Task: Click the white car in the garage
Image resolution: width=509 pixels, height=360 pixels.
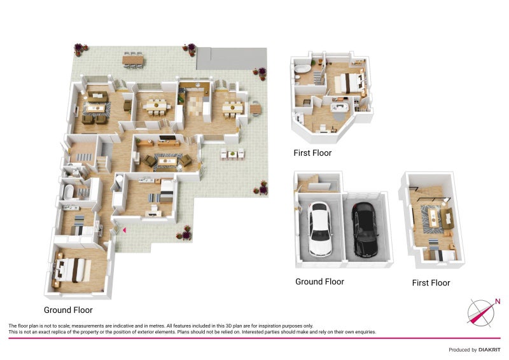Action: pyautogui.click(x=320, y=229)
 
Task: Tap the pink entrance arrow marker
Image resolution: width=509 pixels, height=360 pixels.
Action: pyautogui.click(x=124, y=230)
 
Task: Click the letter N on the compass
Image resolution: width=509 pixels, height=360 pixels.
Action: pyautogui.click(x=498, y=301)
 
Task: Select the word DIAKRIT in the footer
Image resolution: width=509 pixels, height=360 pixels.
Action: pyautogui.click(x=489, y=350)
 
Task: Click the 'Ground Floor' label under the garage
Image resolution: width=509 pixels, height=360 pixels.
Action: pyautogui.click(x=320, y=282)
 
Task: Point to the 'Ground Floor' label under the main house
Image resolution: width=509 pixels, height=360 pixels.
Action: pyautogui.click(x=68, y=310)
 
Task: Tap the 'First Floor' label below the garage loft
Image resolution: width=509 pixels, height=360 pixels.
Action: pyautogui.click(x=431, y=283)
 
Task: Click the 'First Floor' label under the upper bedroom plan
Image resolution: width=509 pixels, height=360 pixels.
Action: pyautogui.click(x=312, y=153)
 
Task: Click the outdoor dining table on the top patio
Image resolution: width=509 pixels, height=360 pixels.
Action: pyautogui.click(x=133, y=60)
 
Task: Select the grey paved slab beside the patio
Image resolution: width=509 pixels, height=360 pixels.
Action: pyautogui.click(x=232, y=59)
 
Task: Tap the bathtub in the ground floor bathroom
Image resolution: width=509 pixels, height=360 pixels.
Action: pyautogui.click(x=68, y=192)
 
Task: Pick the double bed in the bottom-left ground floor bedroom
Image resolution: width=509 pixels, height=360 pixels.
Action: pyautogui.click(x=73, y=270)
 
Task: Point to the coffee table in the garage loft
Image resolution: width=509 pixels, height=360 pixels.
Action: pyautogui.click(x=433, y=218)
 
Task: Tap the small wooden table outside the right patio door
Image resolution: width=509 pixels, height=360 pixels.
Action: pyautogui.click(x=256, y=109)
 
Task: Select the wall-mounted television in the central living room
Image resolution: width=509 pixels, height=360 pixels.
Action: pyautogui.click(x=168, y=138)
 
